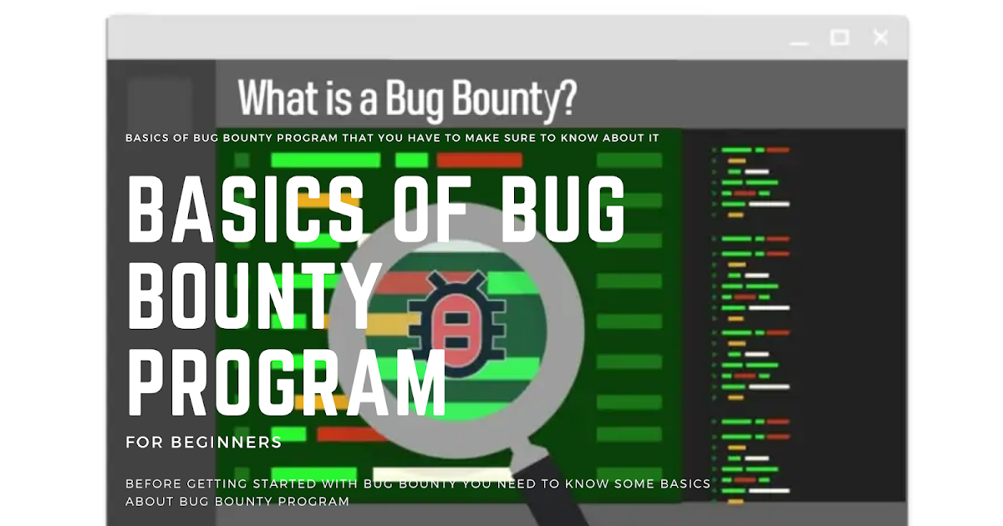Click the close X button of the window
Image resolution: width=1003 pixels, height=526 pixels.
coord(880,38)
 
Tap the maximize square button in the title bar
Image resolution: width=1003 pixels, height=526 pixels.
coord(839,38)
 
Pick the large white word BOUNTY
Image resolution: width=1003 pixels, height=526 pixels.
coord(255,296)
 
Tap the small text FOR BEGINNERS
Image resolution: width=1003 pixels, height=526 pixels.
coord(204,443)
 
